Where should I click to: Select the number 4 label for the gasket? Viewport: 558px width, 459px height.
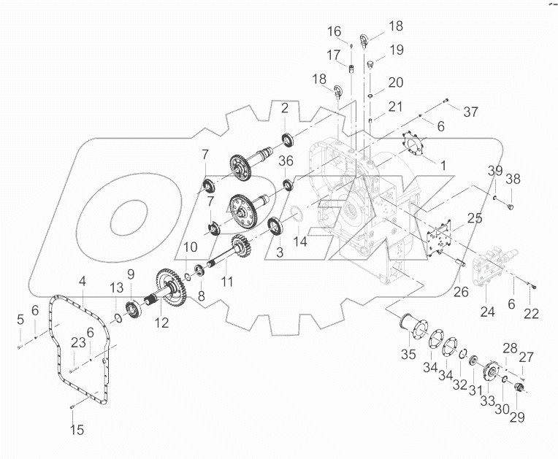[83, 279]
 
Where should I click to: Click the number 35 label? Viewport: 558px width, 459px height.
[407, 355]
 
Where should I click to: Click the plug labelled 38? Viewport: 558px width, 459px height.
[510, 207]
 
